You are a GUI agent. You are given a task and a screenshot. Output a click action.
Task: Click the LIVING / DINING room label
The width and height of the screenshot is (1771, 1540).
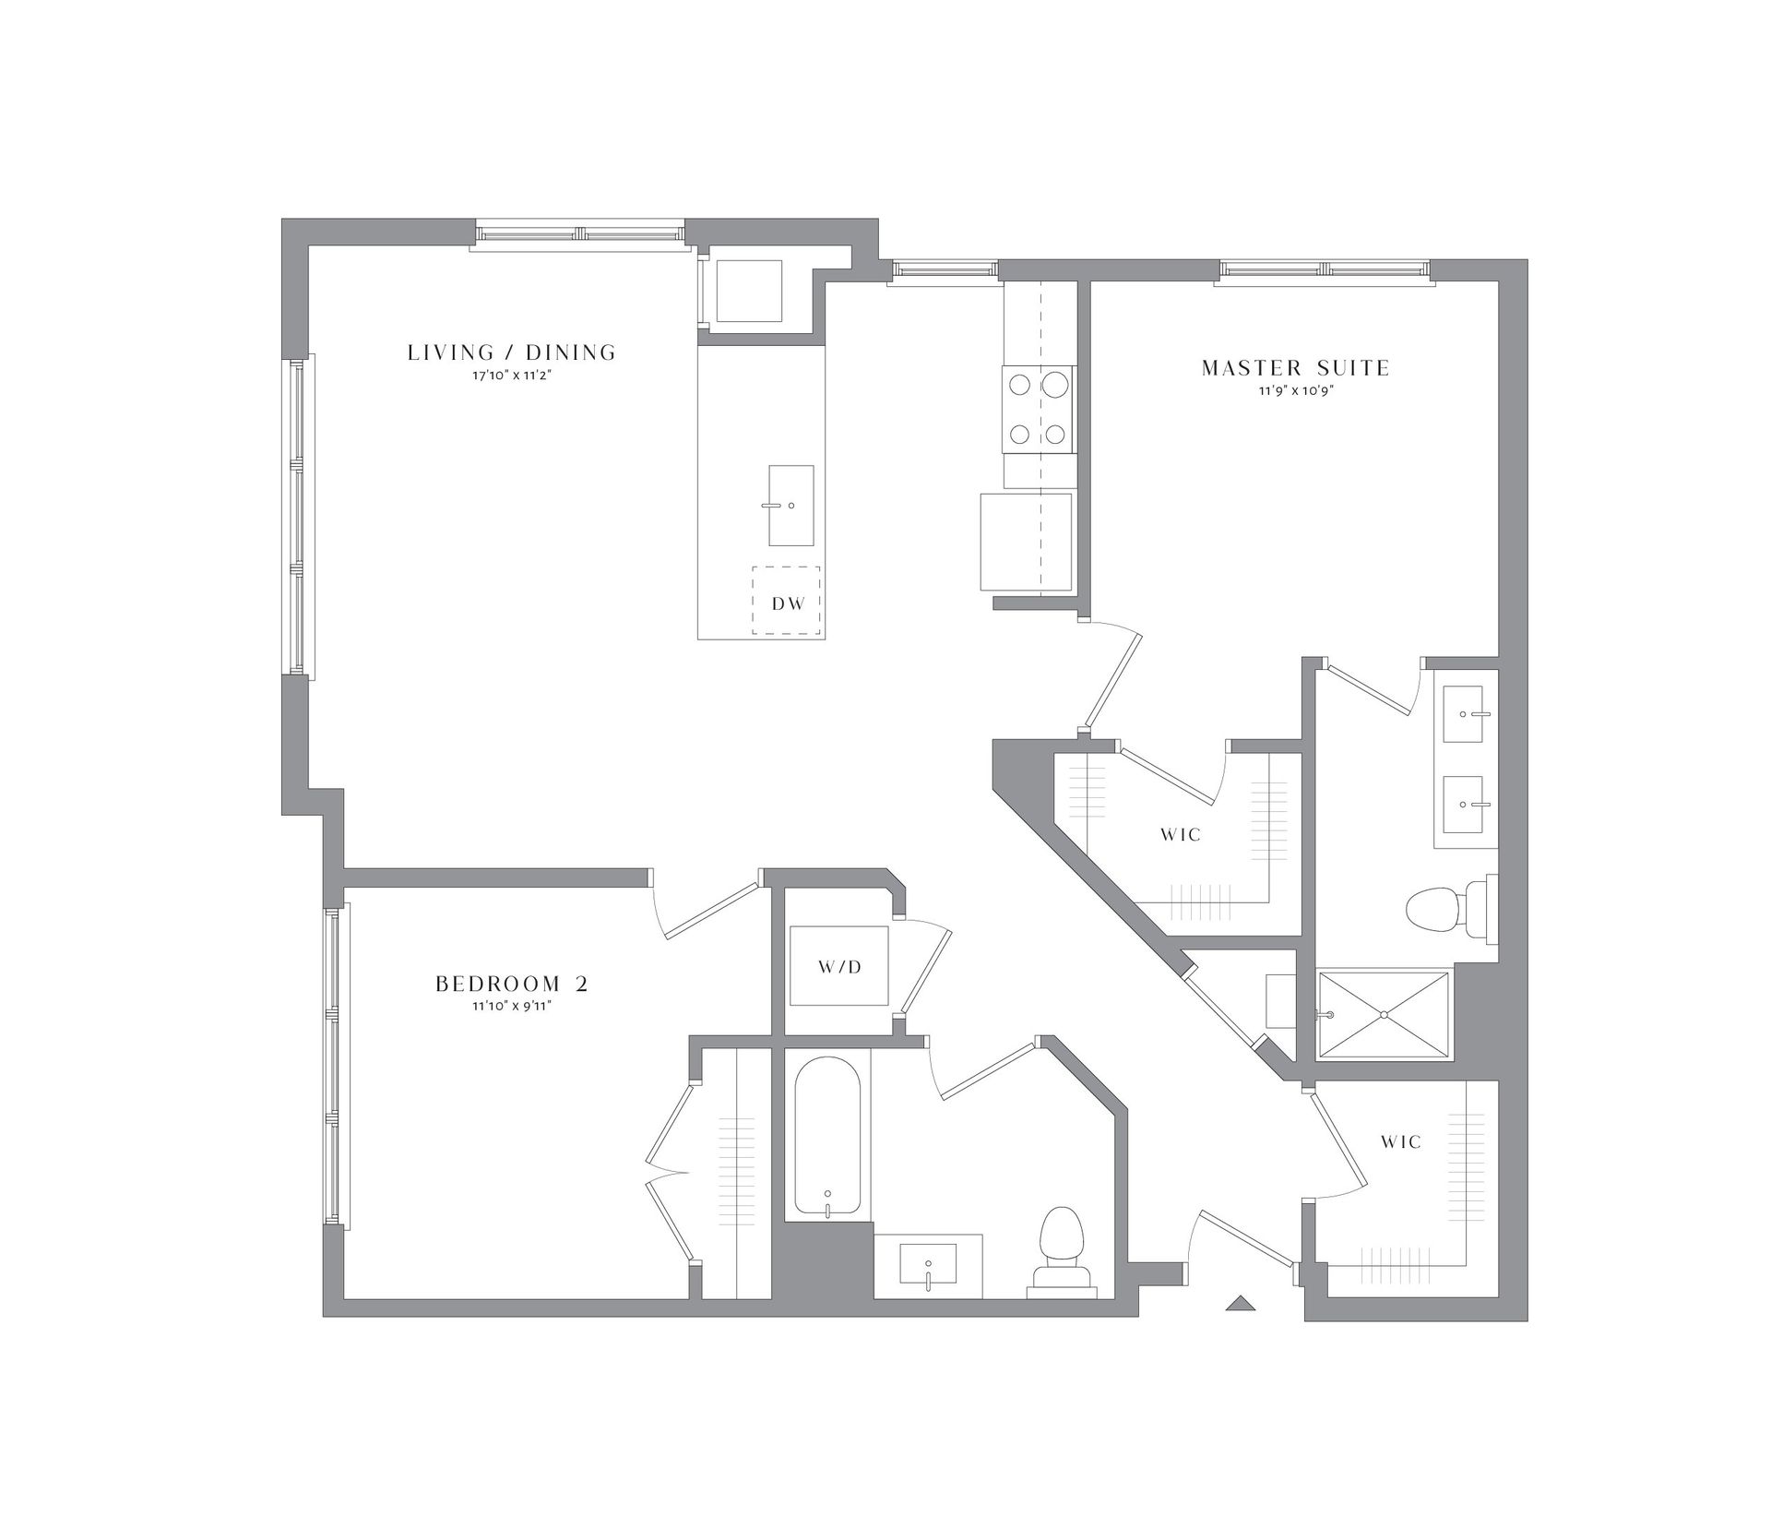pos(512,352)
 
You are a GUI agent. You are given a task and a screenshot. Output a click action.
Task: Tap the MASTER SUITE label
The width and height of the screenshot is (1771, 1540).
pos(1295,368)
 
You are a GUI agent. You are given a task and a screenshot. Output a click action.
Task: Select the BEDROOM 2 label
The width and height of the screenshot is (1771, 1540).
pos(512,984)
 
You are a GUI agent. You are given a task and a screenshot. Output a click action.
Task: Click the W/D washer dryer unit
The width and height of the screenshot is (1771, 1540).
pos(839,967)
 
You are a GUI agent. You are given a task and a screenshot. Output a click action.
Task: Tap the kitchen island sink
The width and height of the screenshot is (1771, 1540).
pos(790,506)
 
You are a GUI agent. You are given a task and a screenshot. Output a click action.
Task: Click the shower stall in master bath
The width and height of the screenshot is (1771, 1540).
pos(1384,1014)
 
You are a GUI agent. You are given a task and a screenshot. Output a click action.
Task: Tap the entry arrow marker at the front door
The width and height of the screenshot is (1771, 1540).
pos(1241,1304)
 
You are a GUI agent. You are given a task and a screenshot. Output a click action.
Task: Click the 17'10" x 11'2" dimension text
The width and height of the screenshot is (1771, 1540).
pos(512,376)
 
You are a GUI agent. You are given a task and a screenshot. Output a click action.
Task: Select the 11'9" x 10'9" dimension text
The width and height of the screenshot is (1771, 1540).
pos(1295,390)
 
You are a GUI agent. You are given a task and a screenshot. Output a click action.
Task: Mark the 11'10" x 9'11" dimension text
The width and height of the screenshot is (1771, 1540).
pos(512,1006)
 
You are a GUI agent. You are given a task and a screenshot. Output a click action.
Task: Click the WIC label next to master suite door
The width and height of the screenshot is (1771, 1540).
pos(1181,834)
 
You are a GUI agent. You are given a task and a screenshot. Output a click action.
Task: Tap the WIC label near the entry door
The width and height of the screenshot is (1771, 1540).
pos(1401,1141)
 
